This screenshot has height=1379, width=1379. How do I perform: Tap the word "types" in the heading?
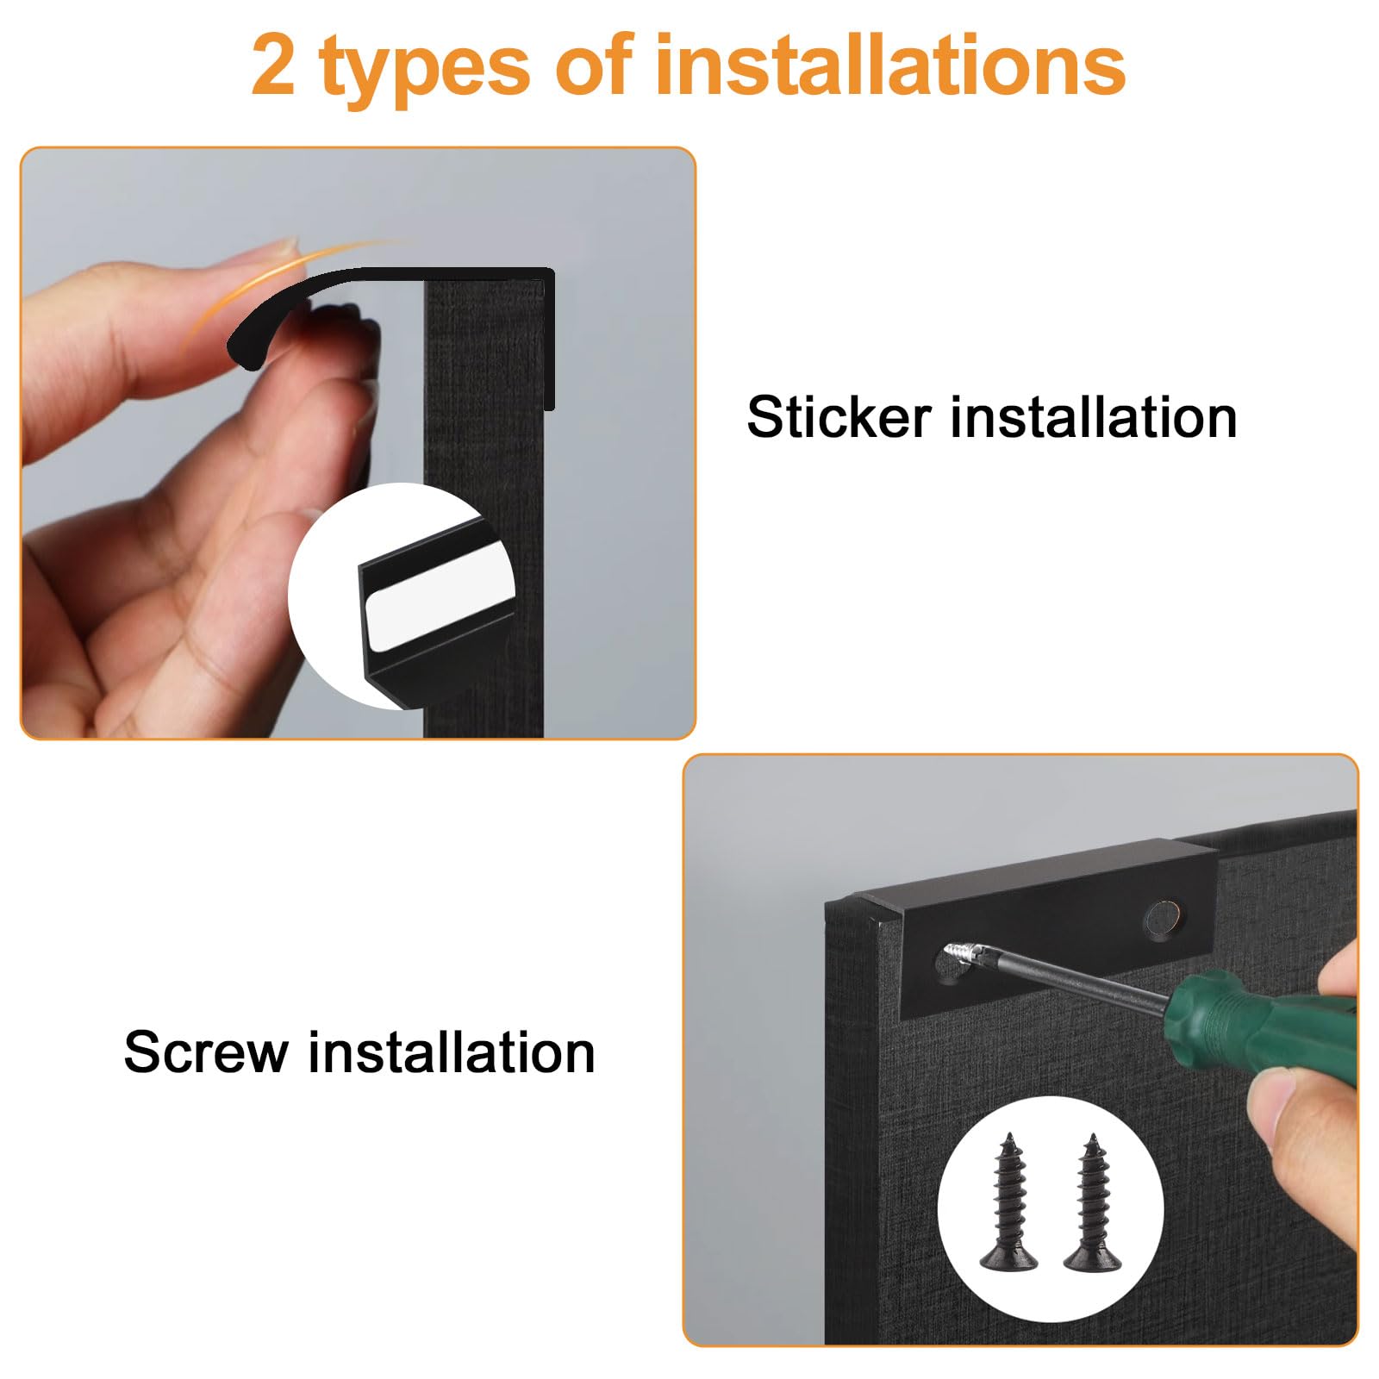click(424, 72)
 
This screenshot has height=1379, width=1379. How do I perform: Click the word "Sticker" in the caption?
click(839, 417)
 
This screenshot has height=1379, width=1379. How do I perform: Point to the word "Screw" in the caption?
click(206, 1052)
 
